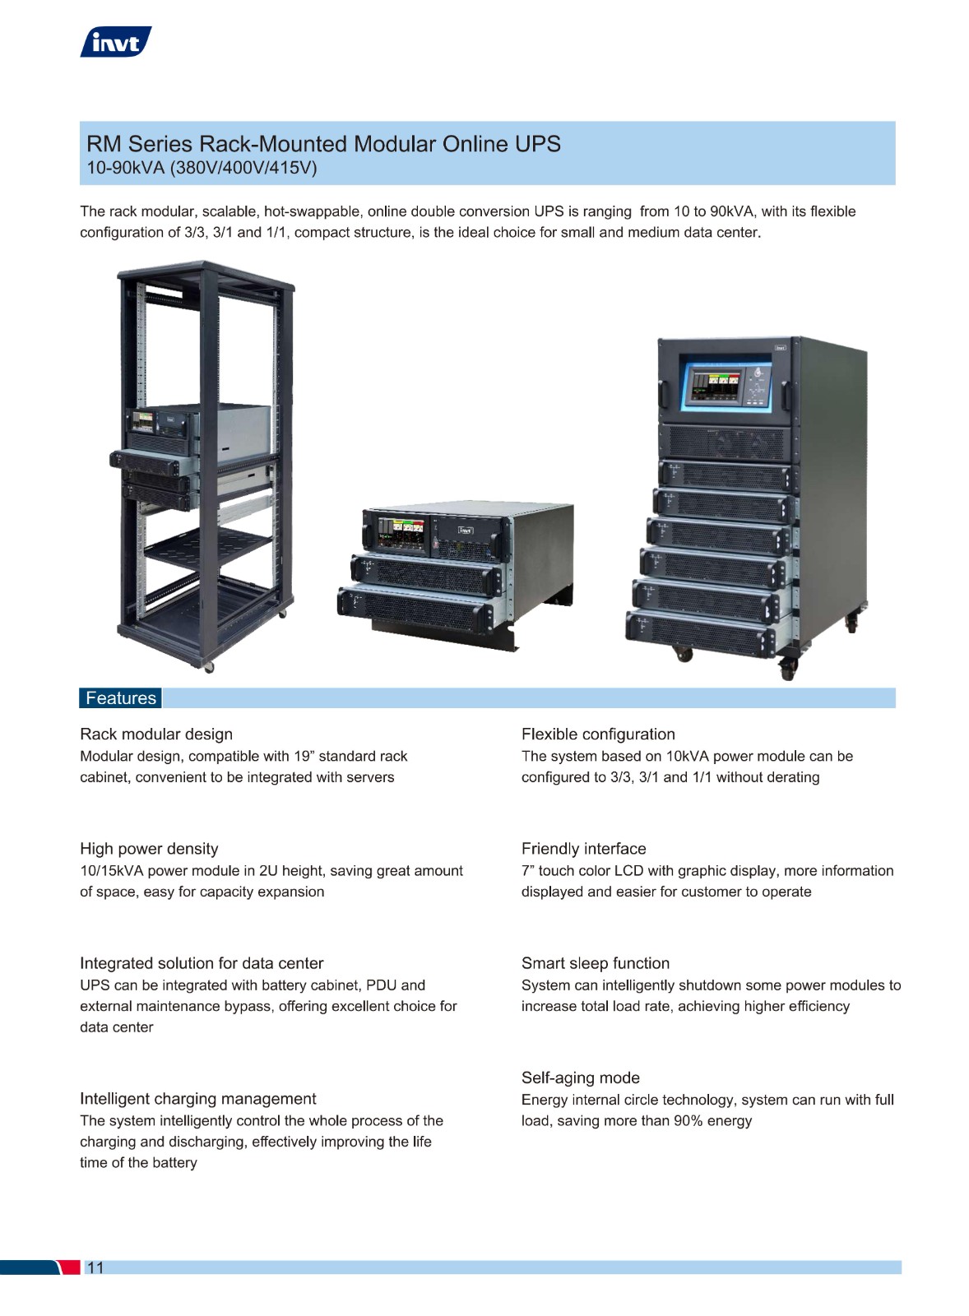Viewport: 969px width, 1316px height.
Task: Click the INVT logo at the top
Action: point(116,42)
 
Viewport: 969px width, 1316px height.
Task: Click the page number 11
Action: point(95,1267)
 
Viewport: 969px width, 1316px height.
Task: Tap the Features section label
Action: point(120,698)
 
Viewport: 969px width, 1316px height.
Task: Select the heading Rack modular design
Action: point(156,734)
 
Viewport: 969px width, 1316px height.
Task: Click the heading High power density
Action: point(149,849)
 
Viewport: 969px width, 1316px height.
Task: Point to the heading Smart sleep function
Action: point(596,963)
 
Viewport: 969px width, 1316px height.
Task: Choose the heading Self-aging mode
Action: point(581,1078)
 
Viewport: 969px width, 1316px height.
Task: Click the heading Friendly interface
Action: point(583,849)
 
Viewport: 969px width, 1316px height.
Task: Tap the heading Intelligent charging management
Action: point(198,1099)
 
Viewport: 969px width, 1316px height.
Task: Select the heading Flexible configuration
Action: point(598,734)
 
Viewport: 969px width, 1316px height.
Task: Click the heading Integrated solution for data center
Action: point(202,963)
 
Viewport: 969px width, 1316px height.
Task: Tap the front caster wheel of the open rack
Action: point(209,667)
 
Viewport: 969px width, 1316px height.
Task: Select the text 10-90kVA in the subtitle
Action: point(126,168)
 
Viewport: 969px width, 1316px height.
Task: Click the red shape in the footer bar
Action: point(69,1267)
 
